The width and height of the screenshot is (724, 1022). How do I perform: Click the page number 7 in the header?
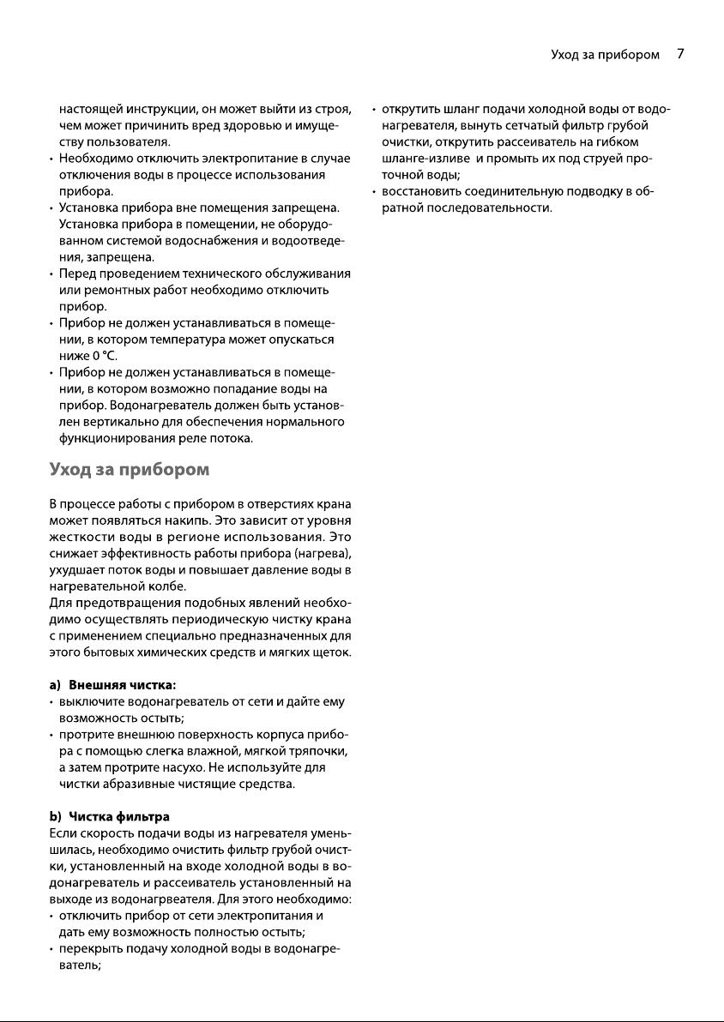click(680, 54)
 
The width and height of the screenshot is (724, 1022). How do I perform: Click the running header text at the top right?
click(605, 55)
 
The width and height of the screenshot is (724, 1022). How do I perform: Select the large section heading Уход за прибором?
click(130, 471)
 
